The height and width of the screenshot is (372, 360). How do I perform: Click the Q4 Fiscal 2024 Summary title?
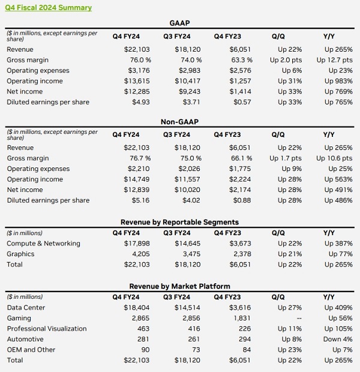coord(49,8)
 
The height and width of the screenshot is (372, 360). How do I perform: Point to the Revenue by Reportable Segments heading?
coord(180,221)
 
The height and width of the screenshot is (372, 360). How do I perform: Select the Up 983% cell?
coord(338,81)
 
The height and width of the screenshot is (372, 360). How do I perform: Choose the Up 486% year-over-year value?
coord(338,200)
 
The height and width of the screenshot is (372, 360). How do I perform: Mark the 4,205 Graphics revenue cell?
coord(130,254)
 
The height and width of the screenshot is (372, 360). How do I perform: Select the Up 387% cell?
coord(338,243)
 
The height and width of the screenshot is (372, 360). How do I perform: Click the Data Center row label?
coord(26,307)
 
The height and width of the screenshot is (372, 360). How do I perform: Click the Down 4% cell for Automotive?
coord(338,339)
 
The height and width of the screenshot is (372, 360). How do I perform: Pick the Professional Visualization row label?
coord(47,329)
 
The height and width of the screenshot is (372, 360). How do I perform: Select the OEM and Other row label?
coord(31,350)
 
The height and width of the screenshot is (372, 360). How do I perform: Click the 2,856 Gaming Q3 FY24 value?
coord(182,318)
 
